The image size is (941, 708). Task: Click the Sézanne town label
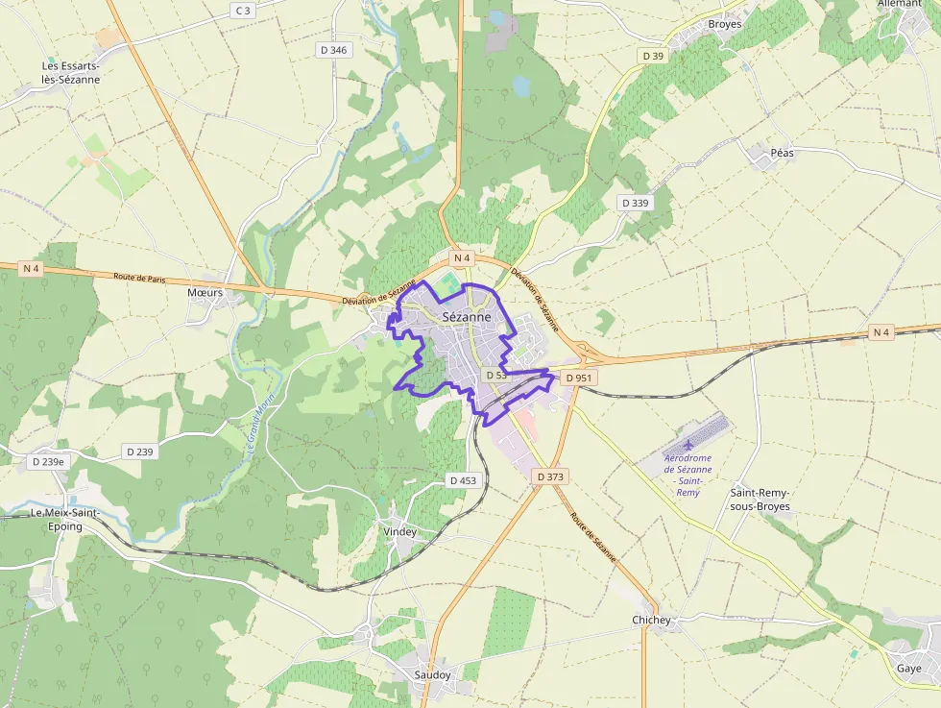coord(467,316)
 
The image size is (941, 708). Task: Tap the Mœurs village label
coord(205,292)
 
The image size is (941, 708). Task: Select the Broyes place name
coord(724,24)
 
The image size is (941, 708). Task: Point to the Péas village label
coord(783,153)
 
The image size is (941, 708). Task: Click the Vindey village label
coord(400,531)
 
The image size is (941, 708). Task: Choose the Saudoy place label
coord(432,674)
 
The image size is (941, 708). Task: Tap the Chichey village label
coord(651,621)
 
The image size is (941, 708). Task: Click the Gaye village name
coord(908,669)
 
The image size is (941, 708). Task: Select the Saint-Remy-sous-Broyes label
coord(760,499)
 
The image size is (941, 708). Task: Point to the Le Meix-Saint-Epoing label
coord(64,519)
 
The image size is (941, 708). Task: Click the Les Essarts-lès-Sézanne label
coord(70,73)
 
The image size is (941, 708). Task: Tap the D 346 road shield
coord(332,49)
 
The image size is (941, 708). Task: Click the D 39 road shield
coord(653,56)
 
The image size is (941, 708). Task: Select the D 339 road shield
coord(635,203)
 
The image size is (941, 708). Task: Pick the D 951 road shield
coord(579,378)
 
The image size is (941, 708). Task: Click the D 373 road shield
coord(550,476)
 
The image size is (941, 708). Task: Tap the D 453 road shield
coord(463,480)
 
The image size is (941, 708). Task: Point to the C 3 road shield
coord(243,11)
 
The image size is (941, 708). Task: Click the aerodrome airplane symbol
coord(688,446)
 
